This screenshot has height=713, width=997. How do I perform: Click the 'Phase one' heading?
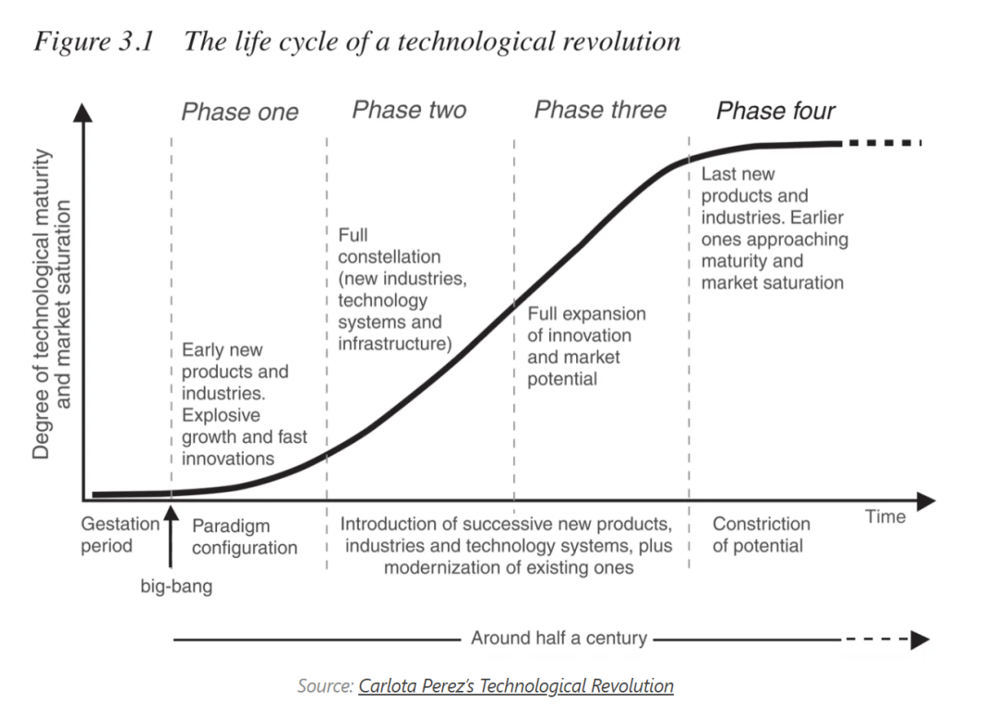[x=239, y=113]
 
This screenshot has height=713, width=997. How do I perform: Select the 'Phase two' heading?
[x=409, y=111]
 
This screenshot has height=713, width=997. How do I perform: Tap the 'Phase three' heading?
[x=600, y=111]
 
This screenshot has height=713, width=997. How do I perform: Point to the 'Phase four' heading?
[x=775, y=112]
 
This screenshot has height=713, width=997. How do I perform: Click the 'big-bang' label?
[x=176, y=586]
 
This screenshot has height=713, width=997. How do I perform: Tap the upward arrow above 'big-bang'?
[x=171, y=540]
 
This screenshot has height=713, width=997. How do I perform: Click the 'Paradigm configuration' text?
[x=244, y=537]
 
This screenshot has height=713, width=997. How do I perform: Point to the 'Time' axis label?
[x=885, y=517]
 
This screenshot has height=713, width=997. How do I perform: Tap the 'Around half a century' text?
[x=559, y=638]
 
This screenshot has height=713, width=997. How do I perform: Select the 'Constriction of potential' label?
[x=761, y=535]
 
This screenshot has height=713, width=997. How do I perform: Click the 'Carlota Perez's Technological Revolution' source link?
[x=516, y=686]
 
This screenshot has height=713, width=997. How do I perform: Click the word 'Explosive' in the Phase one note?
[x=221, y=415]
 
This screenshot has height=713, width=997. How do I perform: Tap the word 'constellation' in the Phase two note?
[x=389, y=256]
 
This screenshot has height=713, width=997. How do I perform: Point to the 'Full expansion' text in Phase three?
[x=586, y=314]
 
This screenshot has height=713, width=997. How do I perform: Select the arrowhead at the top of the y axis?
[x=83, y=112]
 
